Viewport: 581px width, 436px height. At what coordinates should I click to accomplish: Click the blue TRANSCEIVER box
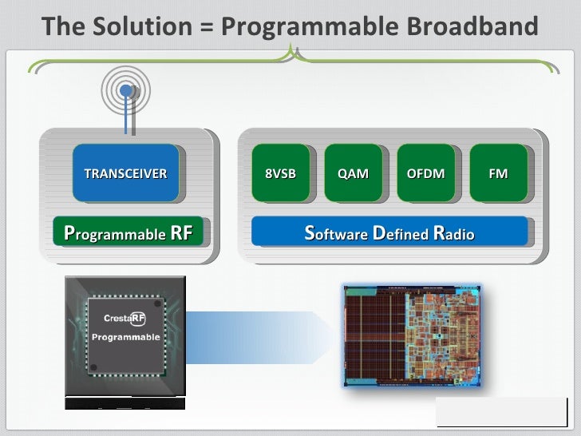point(125,172)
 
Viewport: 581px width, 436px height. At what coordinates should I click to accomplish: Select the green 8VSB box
point(279,172)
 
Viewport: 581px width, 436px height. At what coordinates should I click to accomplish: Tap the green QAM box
point(353,172)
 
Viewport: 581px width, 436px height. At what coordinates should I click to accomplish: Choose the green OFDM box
point(425,172)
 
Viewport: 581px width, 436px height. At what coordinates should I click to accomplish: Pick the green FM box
point(498,172)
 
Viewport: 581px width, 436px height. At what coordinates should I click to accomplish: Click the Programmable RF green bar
point(128,233)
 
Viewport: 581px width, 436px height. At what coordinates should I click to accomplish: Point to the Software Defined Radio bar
point(389,233)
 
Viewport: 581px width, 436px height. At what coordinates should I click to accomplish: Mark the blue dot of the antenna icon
point(125,91)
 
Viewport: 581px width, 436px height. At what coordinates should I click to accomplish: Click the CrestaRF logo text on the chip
point(125,319)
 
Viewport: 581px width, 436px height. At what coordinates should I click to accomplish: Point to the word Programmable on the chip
point(125,337)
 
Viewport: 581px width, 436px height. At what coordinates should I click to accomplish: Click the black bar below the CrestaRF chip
point(125,403)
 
